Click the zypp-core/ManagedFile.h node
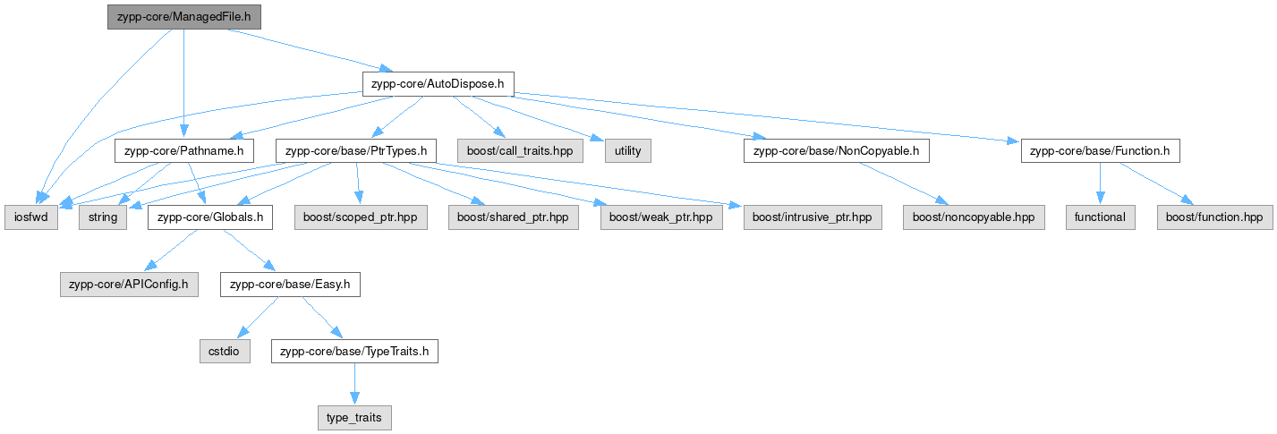click(184, 17)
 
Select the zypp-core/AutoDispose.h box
click(438, 84)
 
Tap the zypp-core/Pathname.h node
click(184, 150)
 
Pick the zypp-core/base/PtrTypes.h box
click(356, 150)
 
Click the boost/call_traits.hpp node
click(520, 150)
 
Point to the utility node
click(627, 150)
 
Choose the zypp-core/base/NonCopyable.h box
click(837, 150)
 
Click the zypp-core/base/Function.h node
click(1101, 150)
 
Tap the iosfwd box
click(31, 217)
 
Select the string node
click(103, 217)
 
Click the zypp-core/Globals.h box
click(210, 217)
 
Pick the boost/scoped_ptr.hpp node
click(361, 217)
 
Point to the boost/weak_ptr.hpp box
click(661, 217)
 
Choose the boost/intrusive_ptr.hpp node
click(813, 217)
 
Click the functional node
click(1101, 217)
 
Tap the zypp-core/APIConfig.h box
click(129, 284)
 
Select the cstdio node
click(225, 351)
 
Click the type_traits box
click(354, 418)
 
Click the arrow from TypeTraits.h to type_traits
click(354, 384)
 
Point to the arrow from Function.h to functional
click(1101, 183)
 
